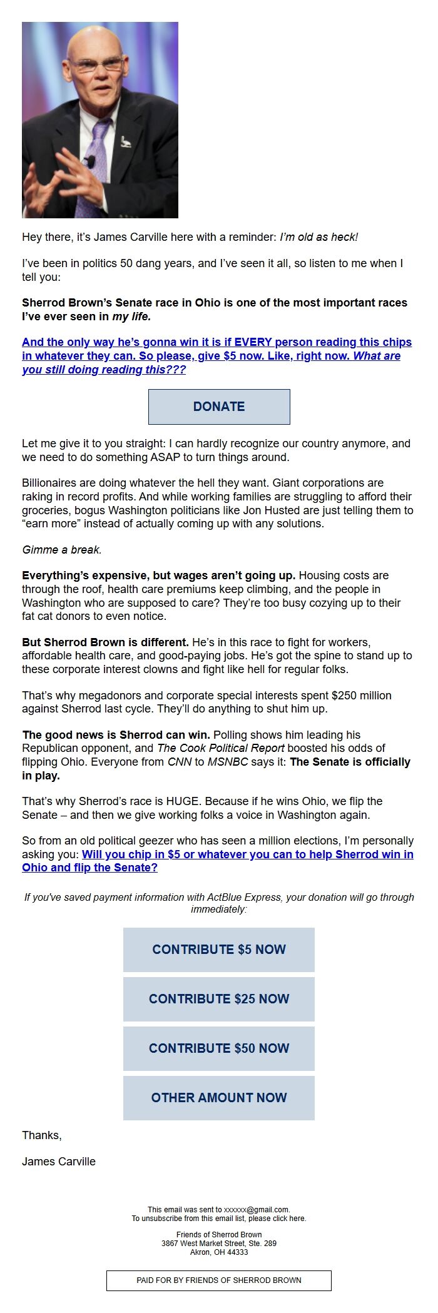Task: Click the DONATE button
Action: pyautogui.click(x=219, y=407)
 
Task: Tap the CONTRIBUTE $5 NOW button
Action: pyautogui.click(x=219, y=950)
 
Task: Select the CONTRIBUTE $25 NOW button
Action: pyautogui.click(x=219, y=999)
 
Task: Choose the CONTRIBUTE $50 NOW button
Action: pyautogui.click(x=219, y=1048)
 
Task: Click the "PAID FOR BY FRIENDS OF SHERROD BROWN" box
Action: pyautogui.click(x=219, y=1280)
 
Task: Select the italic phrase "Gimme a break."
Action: pyautogui.click(x=62, y=550)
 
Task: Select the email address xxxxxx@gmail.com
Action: pyautogui.click(x=257, y=1210)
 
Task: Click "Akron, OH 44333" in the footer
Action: pyautogui.click(x=219, y=1252)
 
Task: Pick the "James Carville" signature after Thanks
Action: pyautogui.click(x=59, y=1162)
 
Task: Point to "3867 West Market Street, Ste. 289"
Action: pyautogui.click(x=219, y=1244)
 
